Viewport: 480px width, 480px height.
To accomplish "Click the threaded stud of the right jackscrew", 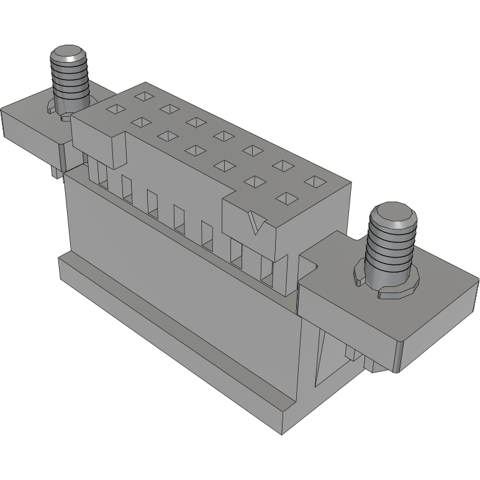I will point(389,248).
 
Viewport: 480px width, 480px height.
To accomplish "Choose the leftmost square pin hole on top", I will point(115,109).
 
